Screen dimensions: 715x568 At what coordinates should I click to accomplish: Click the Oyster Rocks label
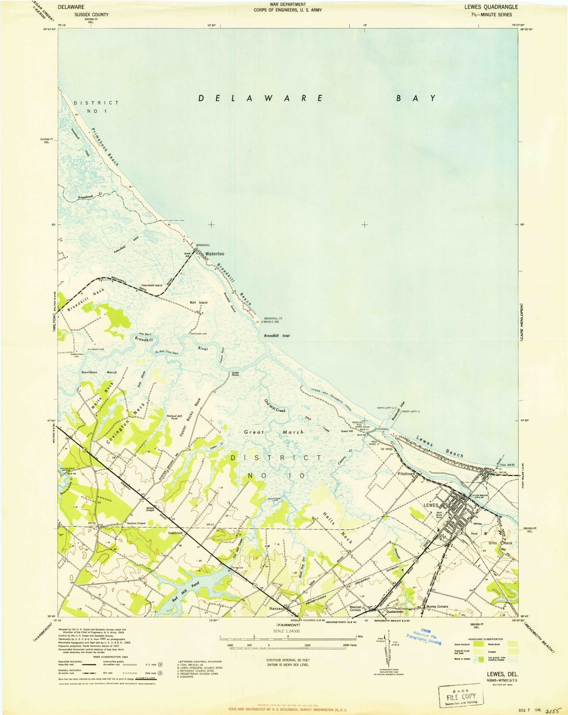tap(235, 374)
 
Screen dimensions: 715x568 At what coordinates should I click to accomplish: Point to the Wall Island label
tap(199, 302)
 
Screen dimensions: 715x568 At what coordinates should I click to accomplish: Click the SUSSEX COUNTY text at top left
tap(83, 15)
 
